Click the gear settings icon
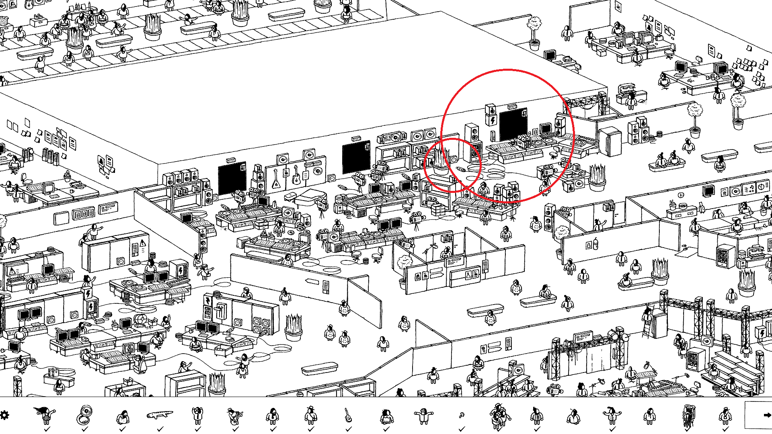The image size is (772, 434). point(4,415)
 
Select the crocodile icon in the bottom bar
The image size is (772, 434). point(160,415)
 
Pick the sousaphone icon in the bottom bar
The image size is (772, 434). point(84,415)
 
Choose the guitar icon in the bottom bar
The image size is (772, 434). point(348,415)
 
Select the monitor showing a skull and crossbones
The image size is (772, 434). point(130,348)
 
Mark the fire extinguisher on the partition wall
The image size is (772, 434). point(595,244)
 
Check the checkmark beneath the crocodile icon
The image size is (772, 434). point(160,429)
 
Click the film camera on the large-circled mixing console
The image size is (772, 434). point(523,141)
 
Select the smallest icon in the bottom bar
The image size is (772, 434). point(462,415)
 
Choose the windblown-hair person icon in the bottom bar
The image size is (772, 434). point(45,415)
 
